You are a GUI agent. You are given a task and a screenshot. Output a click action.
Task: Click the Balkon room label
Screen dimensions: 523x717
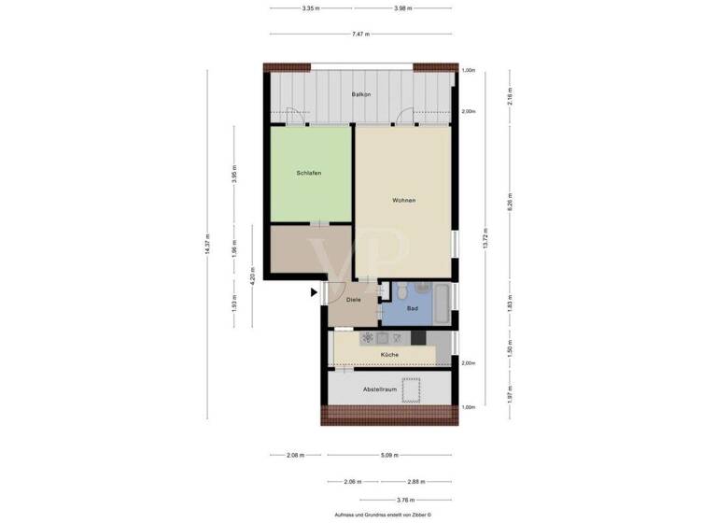click(361, 95)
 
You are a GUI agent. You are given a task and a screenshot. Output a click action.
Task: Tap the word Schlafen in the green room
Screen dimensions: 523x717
click(309, 173)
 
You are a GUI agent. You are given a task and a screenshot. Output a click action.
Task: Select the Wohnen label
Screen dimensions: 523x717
click(403, 201)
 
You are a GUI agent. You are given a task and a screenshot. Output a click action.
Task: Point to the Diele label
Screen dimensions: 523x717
click(354, 300)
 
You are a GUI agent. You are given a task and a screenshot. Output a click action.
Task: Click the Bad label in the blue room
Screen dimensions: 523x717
click(412, 307)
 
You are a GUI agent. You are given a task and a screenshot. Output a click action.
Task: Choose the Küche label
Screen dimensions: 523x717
click(389, 356)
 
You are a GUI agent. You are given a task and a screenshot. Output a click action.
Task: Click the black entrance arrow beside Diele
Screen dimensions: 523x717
click(315, 293)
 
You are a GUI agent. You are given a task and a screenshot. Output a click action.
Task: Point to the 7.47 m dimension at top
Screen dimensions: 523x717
click(360, 34)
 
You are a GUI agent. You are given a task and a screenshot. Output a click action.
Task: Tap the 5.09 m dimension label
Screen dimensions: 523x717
click(389, 456)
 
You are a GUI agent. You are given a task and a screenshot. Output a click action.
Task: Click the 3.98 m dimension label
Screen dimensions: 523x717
click(402, 8)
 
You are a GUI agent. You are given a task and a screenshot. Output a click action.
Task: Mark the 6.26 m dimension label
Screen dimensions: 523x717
click(510, 201)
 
